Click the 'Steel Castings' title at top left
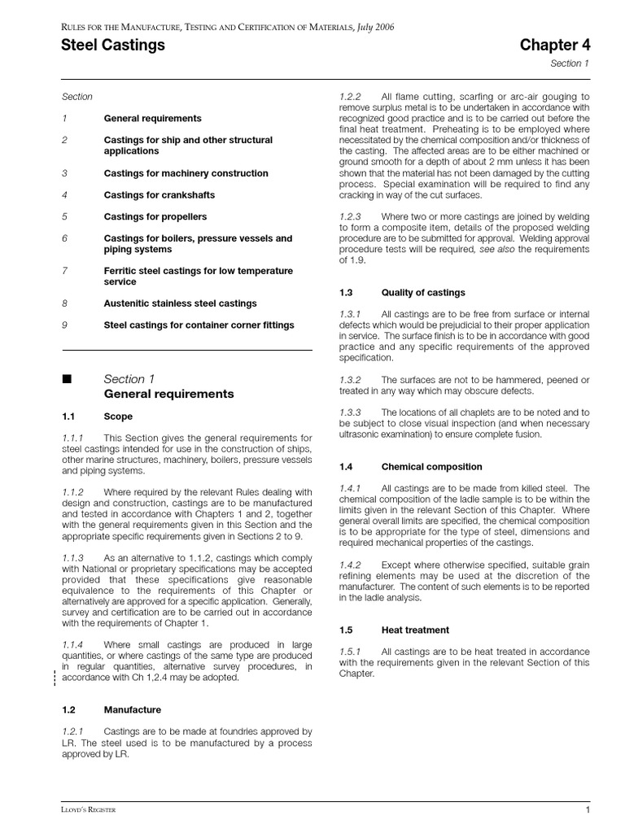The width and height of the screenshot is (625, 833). point(113,46)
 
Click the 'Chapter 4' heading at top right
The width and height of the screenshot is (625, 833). point(556,46)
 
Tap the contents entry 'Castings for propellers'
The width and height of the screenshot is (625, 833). point(155,217)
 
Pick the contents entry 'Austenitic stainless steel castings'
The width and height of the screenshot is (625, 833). point(180,303)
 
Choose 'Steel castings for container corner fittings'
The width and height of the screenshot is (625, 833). point(199,325)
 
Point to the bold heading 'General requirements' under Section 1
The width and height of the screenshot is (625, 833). point(168,395)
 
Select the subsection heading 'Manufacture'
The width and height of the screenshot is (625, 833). point(133,710)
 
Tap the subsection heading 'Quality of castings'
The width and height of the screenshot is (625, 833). point(423,292)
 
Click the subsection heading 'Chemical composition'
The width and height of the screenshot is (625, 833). point(431,467)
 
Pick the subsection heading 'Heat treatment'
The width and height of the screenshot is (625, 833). point(415,630)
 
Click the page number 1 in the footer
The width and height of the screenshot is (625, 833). point(588,810)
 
